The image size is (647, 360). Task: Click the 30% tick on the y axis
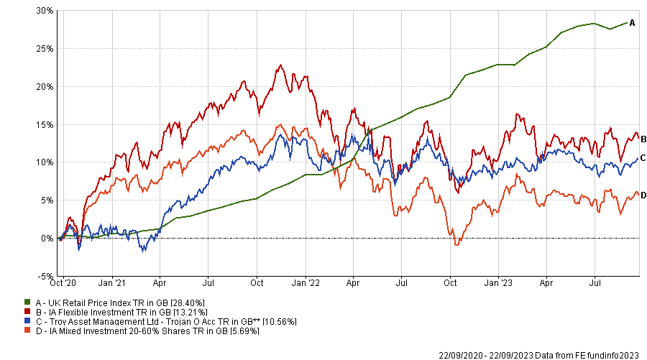coord(44,11)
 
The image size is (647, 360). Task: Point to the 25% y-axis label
coord(44,49)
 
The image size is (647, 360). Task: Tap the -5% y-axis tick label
coord(44,276)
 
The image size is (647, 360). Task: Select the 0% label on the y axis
coord(46,238)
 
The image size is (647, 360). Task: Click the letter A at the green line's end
coord(632,23)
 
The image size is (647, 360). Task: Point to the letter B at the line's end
coord(643,139)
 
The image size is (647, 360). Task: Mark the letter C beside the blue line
coord(643,158)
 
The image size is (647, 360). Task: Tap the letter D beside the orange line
coord(643,195)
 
